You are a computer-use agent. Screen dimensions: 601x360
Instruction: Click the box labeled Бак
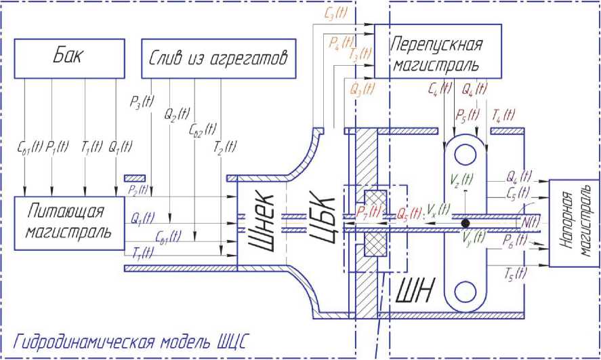(70, 58)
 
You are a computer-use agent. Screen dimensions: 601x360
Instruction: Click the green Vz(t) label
(461, 180)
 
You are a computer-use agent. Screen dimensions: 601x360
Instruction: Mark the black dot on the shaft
(465, 222)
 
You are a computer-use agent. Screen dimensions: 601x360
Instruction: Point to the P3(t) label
(142, 104)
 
